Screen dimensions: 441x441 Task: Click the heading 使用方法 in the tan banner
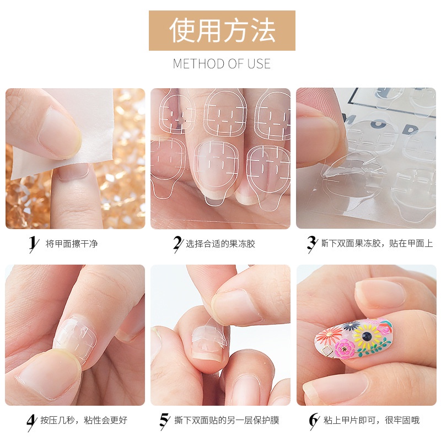tap(222, 30)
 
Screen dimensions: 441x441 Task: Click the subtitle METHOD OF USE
tap(222, 64)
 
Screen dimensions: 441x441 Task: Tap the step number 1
tap(34, 243)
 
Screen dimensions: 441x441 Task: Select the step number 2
tap(177, 243)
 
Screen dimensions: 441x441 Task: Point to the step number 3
tap(311, 243)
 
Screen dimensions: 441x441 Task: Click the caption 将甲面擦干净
tap(71, 243)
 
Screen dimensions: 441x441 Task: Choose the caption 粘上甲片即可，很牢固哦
tap(372, 421)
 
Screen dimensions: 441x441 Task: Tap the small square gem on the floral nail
tap(327, 350)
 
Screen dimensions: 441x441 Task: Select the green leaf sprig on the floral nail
tap(375, 348)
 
